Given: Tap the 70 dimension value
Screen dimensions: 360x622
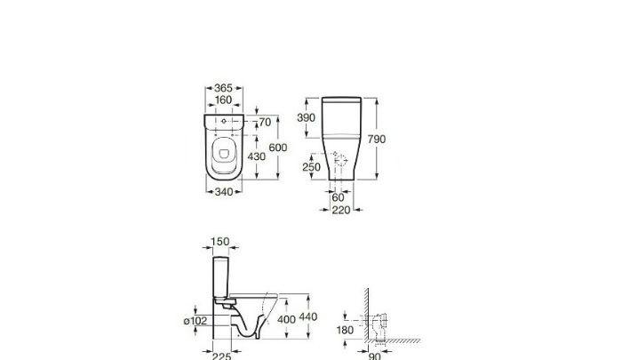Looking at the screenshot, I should tap(264, 122).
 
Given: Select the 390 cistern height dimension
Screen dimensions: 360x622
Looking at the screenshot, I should tap(307, 118).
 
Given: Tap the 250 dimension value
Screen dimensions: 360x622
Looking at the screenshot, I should tap(310, 167).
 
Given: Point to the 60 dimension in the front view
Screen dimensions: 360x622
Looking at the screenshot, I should tap(338, 197).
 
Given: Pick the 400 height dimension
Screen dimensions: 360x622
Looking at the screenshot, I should tap(287, 317).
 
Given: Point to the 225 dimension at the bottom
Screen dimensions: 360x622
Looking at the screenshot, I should tap(221, 356).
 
